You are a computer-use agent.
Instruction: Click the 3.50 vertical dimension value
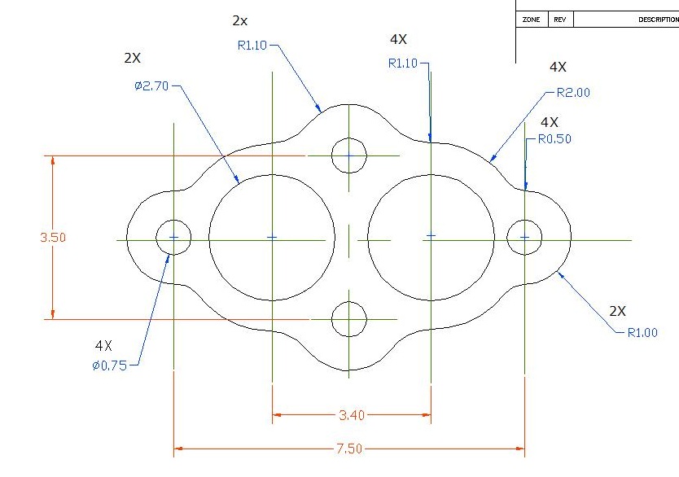click(53, 238)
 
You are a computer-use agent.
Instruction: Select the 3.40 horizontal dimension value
click(352, 415)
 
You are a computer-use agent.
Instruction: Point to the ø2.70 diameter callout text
click(151, 86)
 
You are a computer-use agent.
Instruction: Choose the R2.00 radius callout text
click(573, 93)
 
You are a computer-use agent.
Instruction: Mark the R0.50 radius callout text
click(554, 139)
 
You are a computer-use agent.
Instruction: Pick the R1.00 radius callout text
click(642, 332)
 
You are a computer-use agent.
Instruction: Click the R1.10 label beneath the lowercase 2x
click(252, 46)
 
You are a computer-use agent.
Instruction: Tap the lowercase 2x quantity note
click(239, 20)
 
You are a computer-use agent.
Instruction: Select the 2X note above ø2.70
click(132, 59)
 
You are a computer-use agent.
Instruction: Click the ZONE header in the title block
click(531, 20)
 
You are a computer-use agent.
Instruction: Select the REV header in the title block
click(560, 20)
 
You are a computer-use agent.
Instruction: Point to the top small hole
click(349, 155)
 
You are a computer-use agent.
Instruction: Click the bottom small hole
click(349, 319)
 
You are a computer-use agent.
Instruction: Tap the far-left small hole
click(173, 237)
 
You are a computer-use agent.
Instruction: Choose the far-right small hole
click(524, 237)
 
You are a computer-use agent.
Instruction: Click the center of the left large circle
click(272, 238)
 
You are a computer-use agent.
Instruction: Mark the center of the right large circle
click(431, 237)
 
